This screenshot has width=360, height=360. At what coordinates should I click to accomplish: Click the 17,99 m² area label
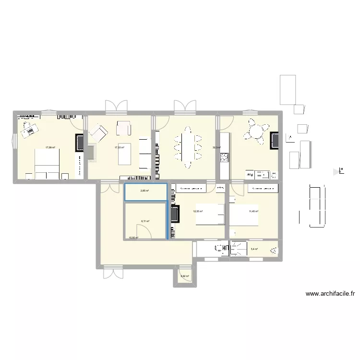tap(50, 148)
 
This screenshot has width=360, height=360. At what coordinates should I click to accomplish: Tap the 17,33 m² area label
tap(120, 148)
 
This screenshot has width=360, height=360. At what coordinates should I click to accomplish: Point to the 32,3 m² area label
tap(216, 148)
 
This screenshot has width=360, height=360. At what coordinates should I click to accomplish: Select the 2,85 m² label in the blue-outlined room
tap(144, 191)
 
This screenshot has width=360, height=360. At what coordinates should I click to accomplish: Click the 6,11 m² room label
tap(145, 221)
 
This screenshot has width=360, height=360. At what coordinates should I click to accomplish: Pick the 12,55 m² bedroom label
tap(198, 211)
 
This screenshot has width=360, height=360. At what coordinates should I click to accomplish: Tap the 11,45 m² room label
tap(253, 211)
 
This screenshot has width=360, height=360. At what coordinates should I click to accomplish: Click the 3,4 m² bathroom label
tap(254, 249)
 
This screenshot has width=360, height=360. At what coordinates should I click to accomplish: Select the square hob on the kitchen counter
tap(224, 157)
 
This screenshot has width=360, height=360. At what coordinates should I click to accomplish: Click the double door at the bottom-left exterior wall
tap(112, 274)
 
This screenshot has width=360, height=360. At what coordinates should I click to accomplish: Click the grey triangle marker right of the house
tap(336, 171)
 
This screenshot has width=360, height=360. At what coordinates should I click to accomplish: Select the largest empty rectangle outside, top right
tap(288, 89)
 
